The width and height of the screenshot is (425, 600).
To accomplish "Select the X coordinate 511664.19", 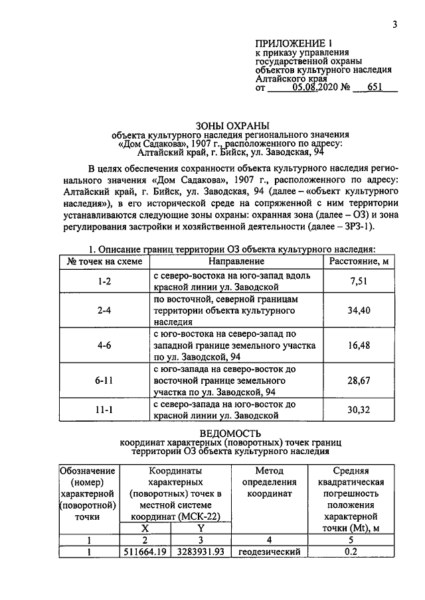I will [145, 552].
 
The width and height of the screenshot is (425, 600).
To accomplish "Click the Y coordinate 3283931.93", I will [197, 552].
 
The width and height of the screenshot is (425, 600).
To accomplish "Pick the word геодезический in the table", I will [270, 552].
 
